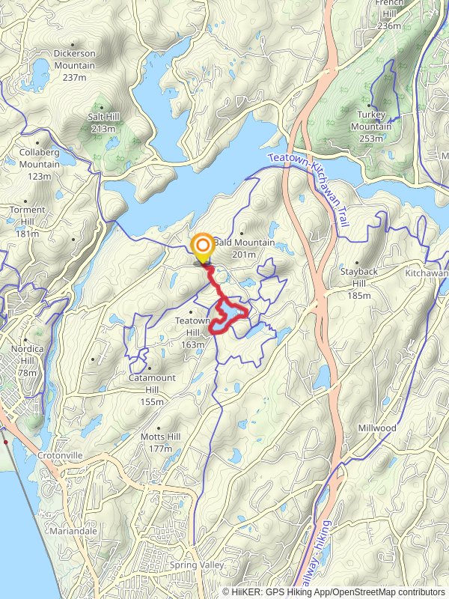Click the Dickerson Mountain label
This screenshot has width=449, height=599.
tap(74, 65)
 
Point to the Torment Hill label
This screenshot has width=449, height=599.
tap(27, 222)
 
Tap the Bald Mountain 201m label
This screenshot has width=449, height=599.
tap(244, 248)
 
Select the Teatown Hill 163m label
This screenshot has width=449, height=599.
tap(189, 332)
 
